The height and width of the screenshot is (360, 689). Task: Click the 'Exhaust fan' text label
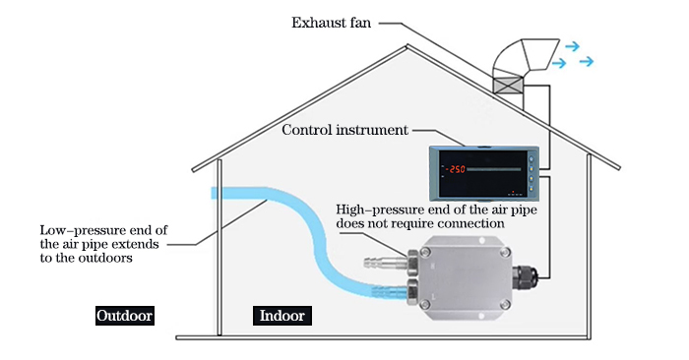click(x=331, y=23)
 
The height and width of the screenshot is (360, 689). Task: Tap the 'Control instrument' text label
click(x=344, y=130)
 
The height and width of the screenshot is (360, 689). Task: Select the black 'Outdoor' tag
click(x=125, y=316)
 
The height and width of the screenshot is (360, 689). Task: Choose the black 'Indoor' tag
click(x=282, y=316)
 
